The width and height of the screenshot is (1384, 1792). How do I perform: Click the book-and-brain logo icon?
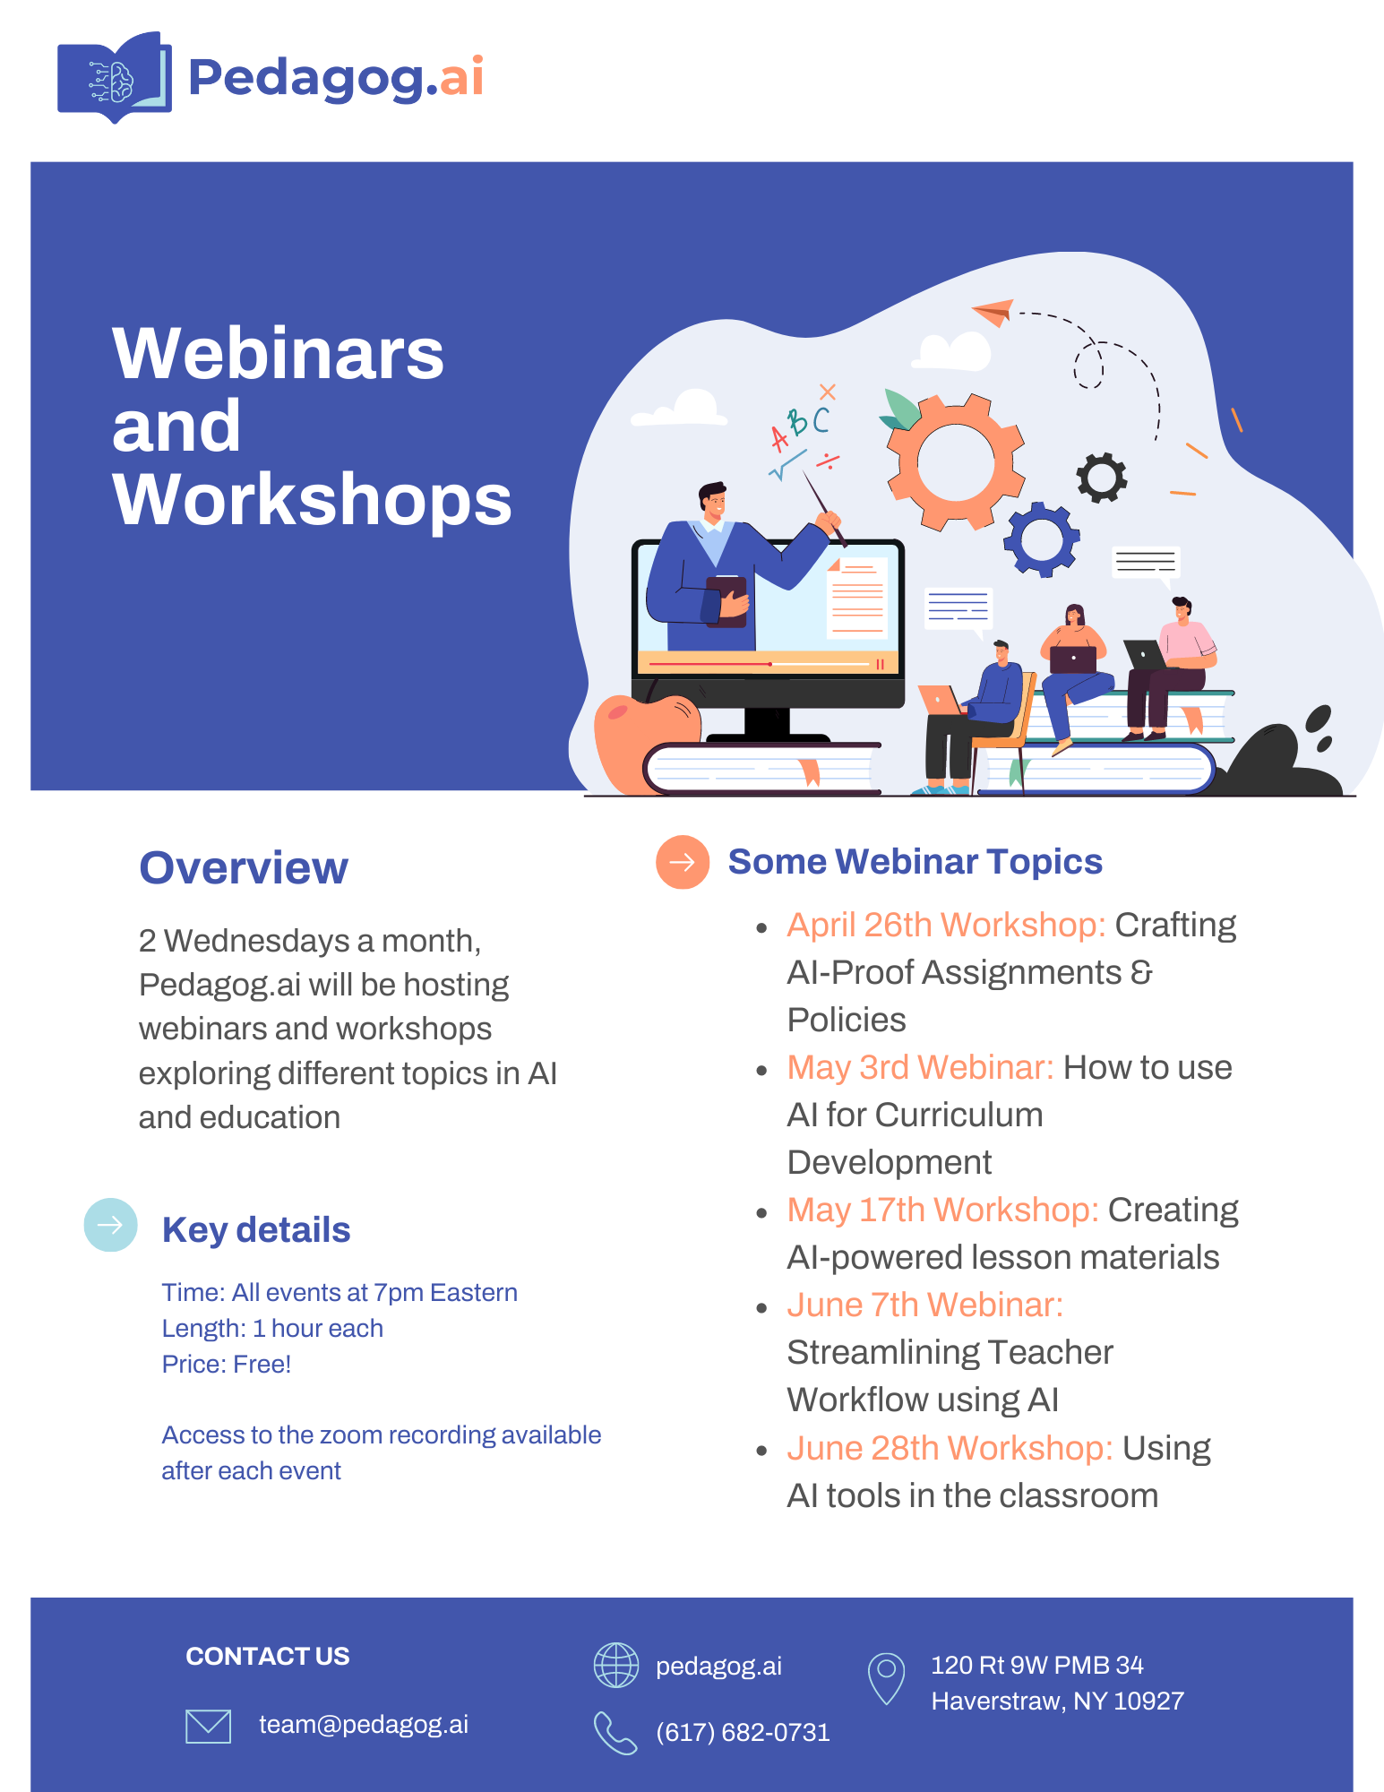point(114,77)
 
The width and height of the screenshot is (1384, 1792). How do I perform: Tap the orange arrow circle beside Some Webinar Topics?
point(683,862)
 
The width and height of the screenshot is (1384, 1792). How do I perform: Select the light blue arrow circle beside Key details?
point(110,1225)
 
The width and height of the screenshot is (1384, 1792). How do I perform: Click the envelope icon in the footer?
point(208,1726)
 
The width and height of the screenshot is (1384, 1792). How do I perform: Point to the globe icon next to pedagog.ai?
point(616,1666)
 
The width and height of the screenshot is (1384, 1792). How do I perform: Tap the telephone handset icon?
point(615,1733)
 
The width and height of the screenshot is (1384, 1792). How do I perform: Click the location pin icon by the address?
point(886,1678)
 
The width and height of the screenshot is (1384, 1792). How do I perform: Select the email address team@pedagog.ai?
point(364,1725)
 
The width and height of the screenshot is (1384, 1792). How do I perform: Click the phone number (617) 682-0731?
point(743,1733)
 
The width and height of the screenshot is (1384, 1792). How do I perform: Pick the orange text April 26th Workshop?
point(946,925)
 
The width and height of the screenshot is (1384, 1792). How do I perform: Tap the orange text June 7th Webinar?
point(924,1305)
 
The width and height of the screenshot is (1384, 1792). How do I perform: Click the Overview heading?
point(244,867)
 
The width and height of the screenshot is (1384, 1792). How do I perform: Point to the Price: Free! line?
point(227,1365)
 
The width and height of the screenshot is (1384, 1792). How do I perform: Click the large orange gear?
point(956,462)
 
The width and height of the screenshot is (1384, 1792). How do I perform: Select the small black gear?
point(1102,478)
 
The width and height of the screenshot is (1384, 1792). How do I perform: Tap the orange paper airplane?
point(993,314)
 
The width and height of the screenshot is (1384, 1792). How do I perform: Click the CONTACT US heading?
point(268,1657)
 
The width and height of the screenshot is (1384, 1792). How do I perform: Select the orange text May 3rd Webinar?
point(920,1067)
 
